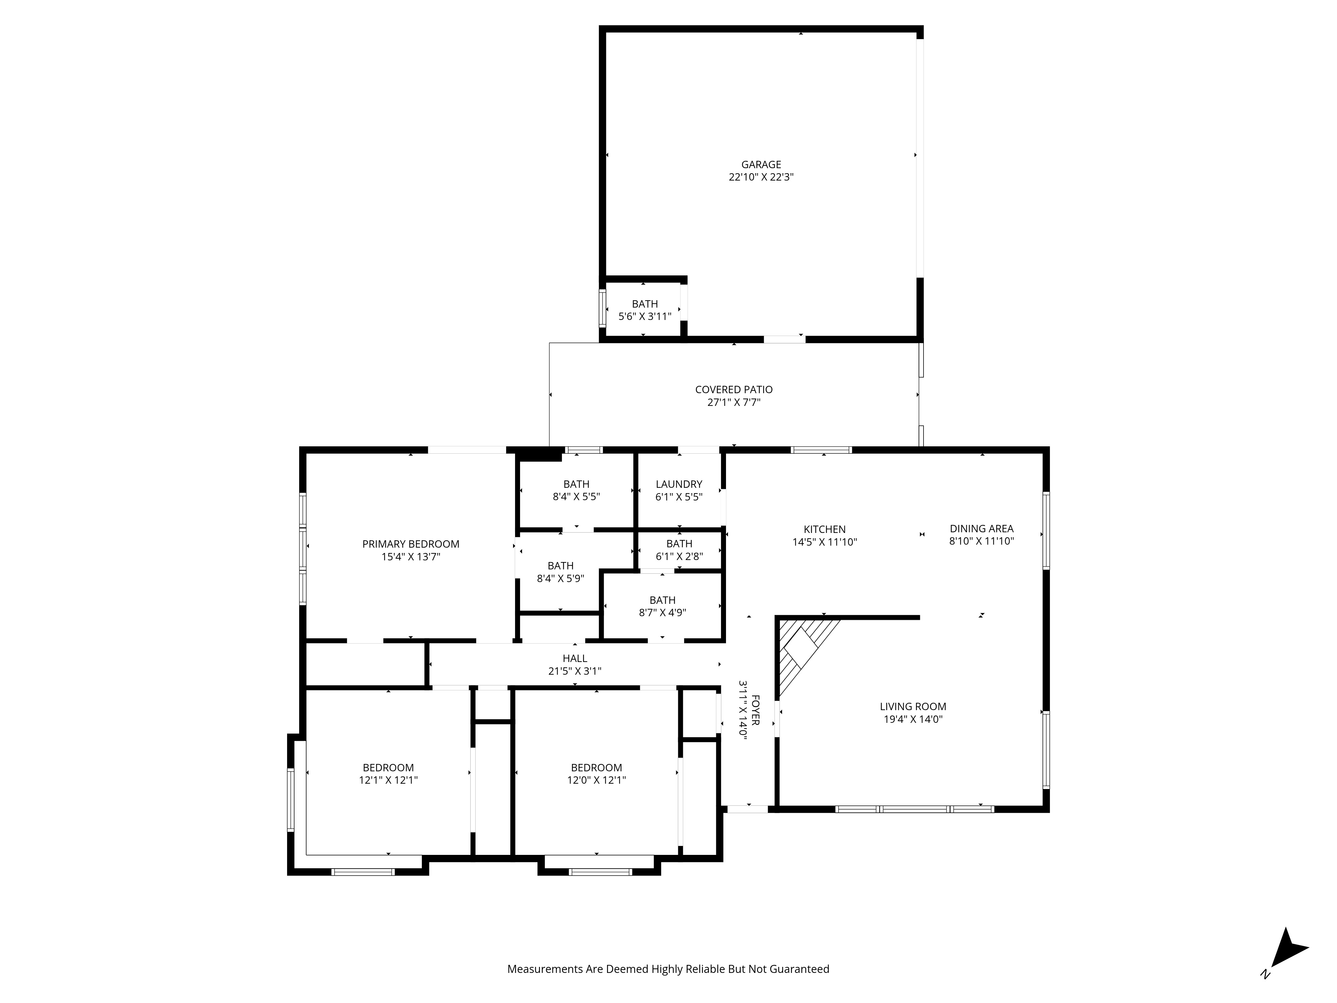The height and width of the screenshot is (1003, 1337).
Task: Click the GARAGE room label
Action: click(x=761, y=164)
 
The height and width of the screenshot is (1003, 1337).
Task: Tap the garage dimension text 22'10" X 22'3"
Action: click(x=761, y=177)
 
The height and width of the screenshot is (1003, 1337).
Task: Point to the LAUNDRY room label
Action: click(x=679, y=484)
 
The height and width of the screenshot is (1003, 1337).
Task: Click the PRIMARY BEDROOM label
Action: click(x=410, y=544)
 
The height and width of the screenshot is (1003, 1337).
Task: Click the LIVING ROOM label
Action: click(x=913, y=706)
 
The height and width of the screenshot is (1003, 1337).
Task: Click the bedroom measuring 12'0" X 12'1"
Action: click(x=596, y=774)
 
